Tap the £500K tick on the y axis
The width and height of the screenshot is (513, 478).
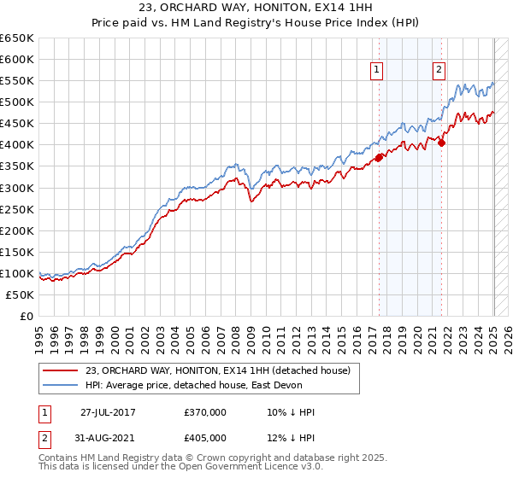point(17,102)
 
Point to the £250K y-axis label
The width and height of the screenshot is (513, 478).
point(17,209)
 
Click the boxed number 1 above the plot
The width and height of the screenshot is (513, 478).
point(377,71)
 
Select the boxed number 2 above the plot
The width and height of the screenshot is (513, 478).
point(439,71)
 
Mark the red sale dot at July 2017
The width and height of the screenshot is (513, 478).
point(379,157)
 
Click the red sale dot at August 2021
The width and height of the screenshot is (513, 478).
point(442,143)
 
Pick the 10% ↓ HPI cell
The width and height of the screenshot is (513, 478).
point(292,412)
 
